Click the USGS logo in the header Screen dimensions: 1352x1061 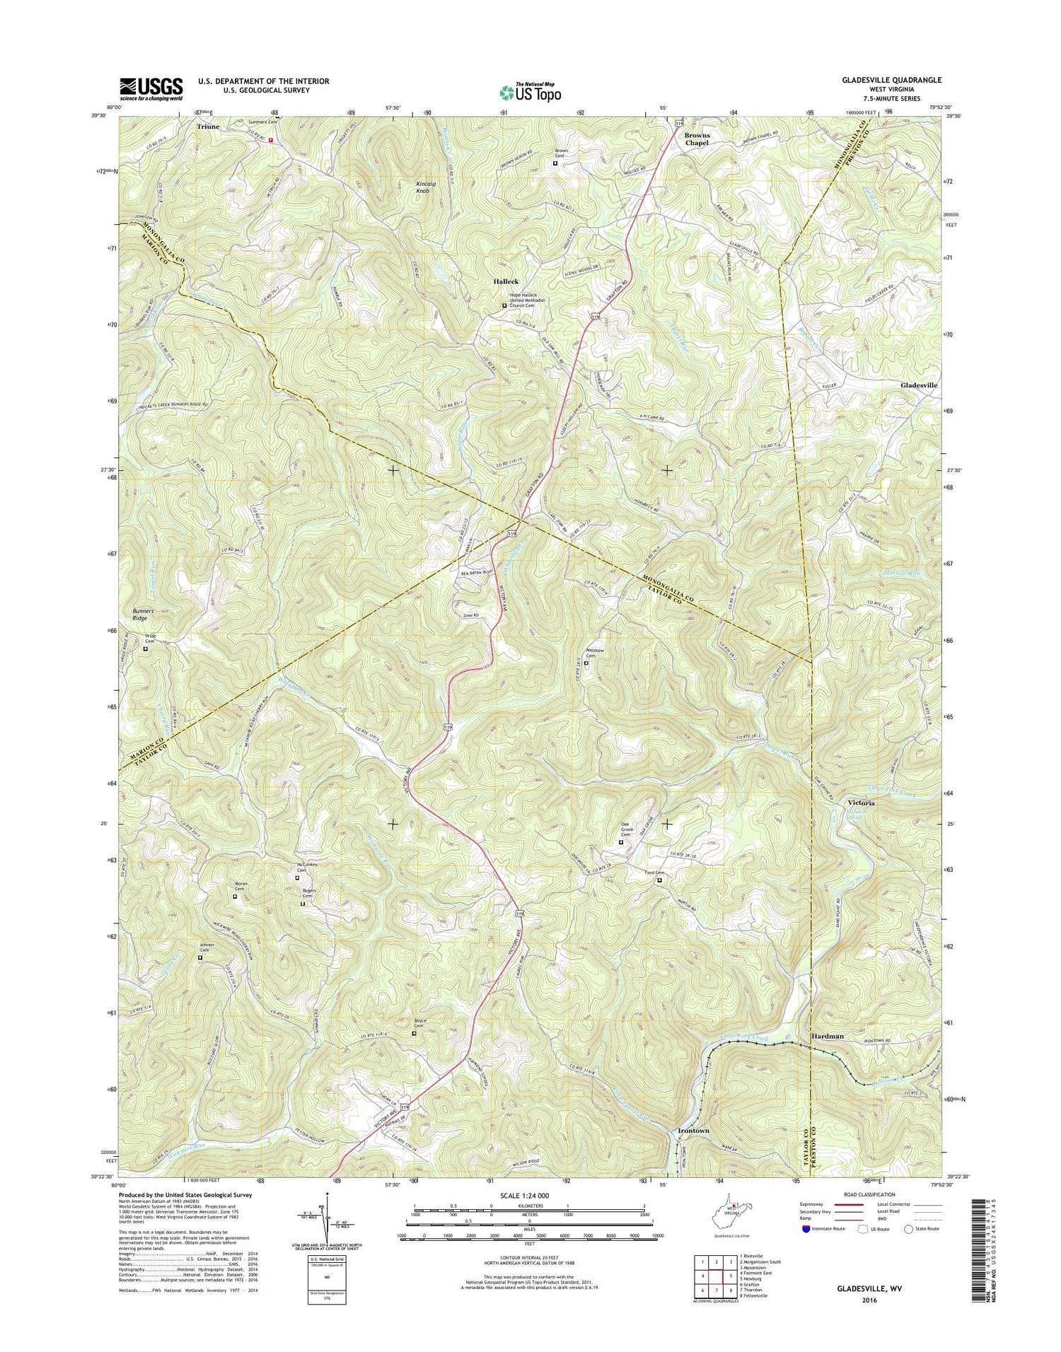(x=151, y=89)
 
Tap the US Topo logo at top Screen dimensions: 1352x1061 (x=530, y=92)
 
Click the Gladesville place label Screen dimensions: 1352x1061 (x=919, y=385)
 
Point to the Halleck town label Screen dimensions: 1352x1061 (x=506, y=281)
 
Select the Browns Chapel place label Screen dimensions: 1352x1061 (x=696, y=139)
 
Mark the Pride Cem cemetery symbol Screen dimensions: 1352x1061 (x=146, y=648)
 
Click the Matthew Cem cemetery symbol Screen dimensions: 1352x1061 (x=586, y=663)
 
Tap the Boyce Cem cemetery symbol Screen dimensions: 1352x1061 (x=414, y=1034)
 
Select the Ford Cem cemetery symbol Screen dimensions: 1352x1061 (x=659, y=880)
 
